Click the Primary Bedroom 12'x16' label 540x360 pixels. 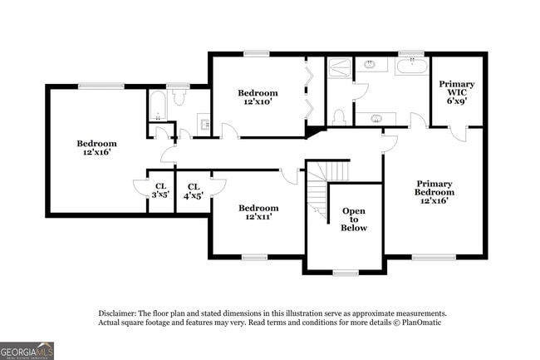[435, 192]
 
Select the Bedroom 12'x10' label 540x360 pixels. [258, 97]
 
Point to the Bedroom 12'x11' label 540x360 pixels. [258, 212]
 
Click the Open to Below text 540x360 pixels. [354, 219]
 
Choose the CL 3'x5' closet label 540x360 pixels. [160, 191]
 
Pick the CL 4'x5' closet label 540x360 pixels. [193, 191]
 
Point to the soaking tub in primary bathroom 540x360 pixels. [411, 66]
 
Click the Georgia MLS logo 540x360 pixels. [27, 350]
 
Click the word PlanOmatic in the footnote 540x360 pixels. [421, 322]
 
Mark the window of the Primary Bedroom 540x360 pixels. [434, 257]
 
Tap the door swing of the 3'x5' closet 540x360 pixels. [140, 190]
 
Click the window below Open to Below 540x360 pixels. [345, 272]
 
